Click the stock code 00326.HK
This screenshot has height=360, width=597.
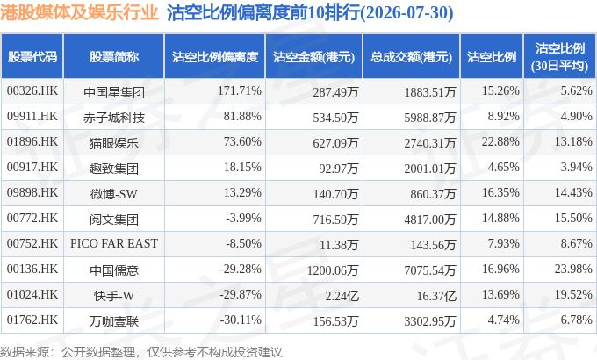(32, 91)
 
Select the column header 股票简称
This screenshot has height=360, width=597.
(114, 57)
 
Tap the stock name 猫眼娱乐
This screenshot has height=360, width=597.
(114, 143)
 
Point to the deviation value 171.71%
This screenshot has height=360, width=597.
(240, 91)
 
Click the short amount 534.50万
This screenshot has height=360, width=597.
(335, 118)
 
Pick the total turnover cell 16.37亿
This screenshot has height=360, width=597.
(436, 296)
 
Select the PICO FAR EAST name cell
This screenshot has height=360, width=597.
(114, 243)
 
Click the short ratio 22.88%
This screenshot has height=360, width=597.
(500, 142)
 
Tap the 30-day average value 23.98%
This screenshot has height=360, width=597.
(573, 270)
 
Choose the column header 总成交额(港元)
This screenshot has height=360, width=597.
(411, 57)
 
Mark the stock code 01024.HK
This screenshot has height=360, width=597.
(32, 295)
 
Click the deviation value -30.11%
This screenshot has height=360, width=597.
(241, 320)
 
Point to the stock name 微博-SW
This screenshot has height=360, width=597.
(114, 194)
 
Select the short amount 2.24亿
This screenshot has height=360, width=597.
(342, 296)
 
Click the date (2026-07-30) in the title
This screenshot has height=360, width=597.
(407, 13)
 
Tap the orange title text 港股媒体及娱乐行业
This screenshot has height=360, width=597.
(79, 12)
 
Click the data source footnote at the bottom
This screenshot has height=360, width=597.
(141, 352)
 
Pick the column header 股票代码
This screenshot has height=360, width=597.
(32, 57)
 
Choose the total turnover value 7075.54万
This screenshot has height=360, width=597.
(430, 270)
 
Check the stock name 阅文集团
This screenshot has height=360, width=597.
(114, 220)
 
